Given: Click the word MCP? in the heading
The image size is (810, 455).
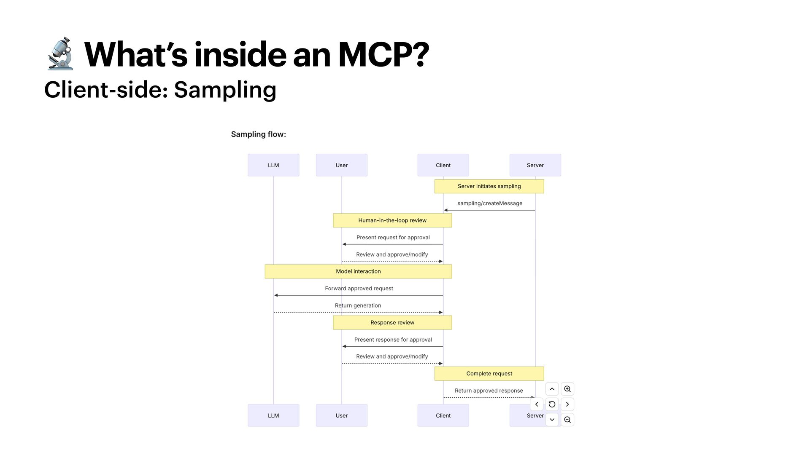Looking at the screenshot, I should (x=383, y=55).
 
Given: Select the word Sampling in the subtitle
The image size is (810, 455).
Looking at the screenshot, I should (x=225, y=90).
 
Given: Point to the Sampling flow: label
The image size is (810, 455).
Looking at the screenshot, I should (x=258, y=134).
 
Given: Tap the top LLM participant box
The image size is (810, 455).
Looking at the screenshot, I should (x=273, y=165).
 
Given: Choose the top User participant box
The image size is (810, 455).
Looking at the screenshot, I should (x=341, y=165).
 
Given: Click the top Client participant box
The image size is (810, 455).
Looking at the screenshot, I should (x=443, y=165).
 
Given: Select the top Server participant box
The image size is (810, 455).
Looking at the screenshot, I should (x=535, y=165).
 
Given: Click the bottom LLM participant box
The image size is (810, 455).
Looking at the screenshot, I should (x=273, y=415).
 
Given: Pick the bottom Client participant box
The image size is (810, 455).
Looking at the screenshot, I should (x=443, y=415).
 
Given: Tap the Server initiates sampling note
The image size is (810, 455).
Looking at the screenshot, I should (x=489, y=186).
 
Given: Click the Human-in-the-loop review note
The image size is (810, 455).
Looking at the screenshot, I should (x=392, y=220).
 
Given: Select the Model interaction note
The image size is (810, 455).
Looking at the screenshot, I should (x=358, y=271).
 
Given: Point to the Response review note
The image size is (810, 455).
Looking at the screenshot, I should (x=392, y=323).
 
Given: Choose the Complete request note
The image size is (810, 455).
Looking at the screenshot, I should (x=489, y=374).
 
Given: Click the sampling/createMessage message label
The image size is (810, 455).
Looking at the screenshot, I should (x=490, y=203).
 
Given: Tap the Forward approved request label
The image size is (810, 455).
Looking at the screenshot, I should (x=359, y=289).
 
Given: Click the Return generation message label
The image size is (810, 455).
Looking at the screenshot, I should (x=358, y=306).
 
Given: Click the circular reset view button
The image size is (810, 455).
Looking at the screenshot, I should (x=552, y=404).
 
